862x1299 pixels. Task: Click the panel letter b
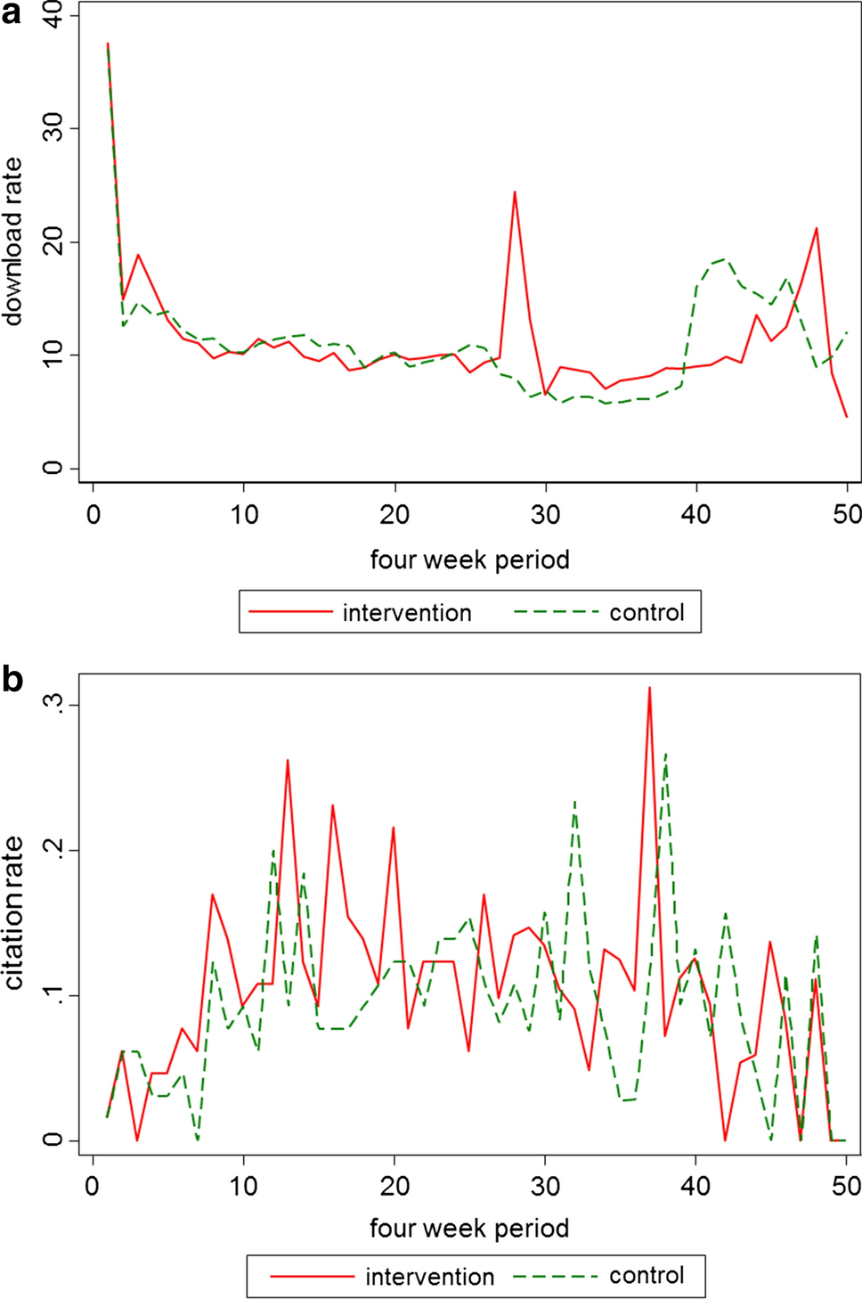click(x=12, y=680)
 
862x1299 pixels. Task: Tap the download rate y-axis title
click(x=12, y=241)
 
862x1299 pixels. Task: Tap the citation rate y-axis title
click(x=12, y=912)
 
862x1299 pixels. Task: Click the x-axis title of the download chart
click(x=469, y=560)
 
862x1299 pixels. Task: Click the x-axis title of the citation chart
click(x=469, y=1228)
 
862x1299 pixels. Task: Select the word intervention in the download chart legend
click(x=407, y=613)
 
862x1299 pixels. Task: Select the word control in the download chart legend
click(x=646, y=613)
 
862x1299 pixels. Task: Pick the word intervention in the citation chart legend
click(x=429, y=1277)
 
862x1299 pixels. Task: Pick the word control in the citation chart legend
click(x=646, y=1276)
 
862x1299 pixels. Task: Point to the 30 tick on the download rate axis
click(x=53, y=128)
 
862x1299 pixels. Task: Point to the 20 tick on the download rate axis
click(x=53, y=241)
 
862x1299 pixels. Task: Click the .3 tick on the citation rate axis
click(x=53, y=704)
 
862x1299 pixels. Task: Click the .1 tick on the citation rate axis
click(x=53, y=995)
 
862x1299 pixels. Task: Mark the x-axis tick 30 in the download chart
click(x=546, y=514)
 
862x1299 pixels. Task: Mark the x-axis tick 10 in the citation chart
click(x=243, y=1186)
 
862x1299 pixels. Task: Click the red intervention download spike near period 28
click(x=515, y=192)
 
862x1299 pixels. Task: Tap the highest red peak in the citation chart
click(x=650, y=688)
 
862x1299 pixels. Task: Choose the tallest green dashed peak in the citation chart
click(x=665, y=755)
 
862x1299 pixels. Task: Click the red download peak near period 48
click(x=817, y=229)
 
